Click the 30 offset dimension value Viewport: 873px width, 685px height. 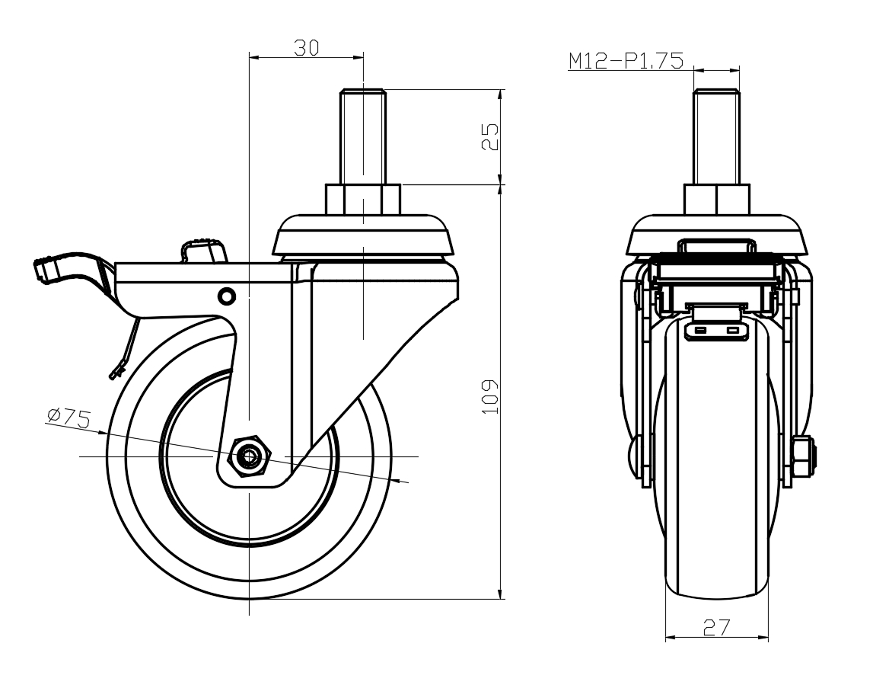coord(306,47)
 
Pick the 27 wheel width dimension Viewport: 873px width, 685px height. coord(716,627)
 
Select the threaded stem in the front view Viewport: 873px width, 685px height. coord(716,137)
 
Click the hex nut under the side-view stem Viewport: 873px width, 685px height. coord(363,200)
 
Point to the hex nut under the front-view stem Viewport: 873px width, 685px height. coord(716,200)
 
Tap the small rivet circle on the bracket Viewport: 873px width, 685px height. coord(226,295)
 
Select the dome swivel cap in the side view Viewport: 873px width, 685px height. coord(363,235)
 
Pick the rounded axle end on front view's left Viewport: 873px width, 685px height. coord(635,457)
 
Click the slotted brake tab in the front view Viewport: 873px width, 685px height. coord(716,331)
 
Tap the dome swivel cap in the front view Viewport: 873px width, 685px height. coord(716,235)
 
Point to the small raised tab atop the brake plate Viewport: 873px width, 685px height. coord(203,249)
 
